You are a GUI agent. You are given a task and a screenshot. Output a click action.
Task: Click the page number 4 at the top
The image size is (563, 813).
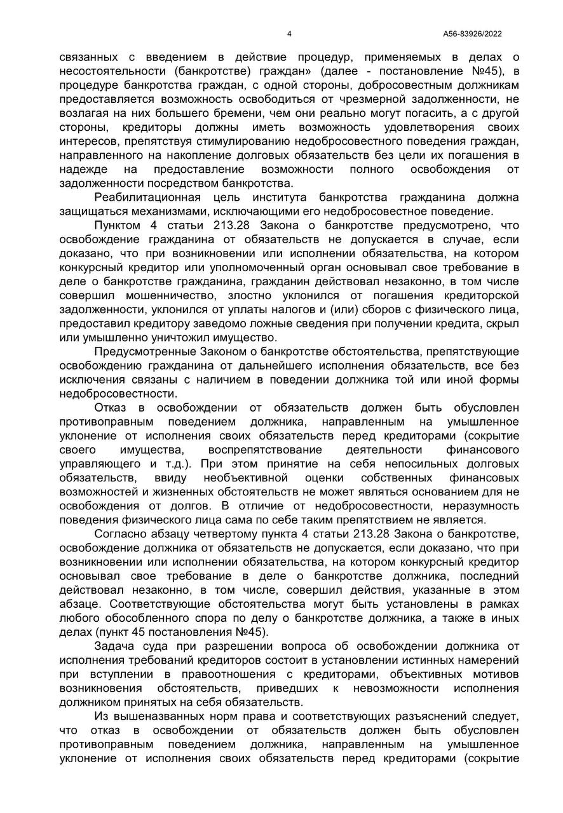(x=289, y=34)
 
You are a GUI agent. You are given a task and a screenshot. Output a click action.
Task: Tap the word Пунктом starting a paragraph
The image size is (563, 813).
(x=118, y=225)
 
